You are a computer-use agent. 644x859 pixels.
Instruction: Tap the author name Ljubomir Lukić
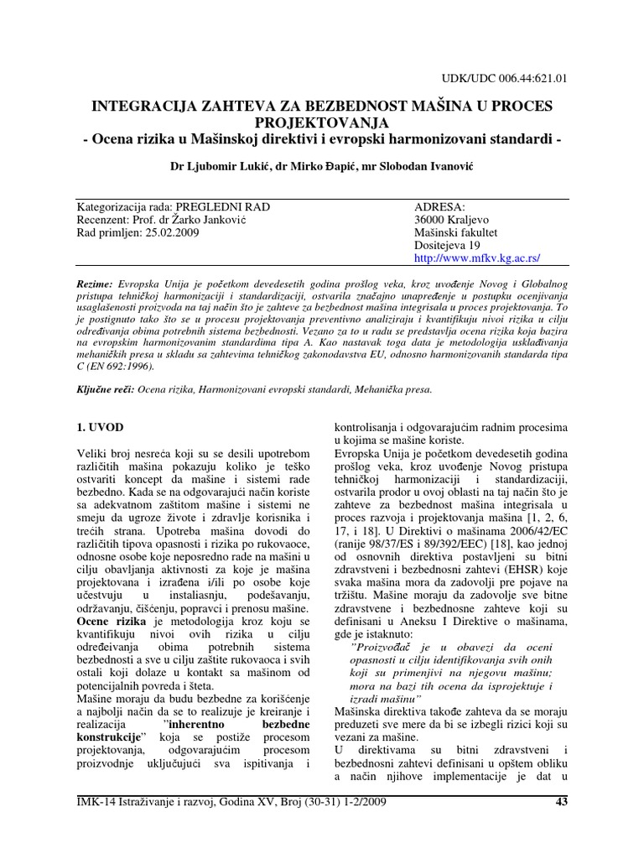click(221, 168)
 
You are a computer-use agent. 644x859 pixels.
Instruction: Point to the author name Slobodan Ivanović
click(424, 168)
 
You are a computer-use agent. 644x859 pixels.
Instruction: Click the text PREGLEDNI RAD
click(227, 206)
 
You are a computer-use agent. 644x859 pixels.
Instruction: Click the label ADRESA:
click(439, 206)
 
